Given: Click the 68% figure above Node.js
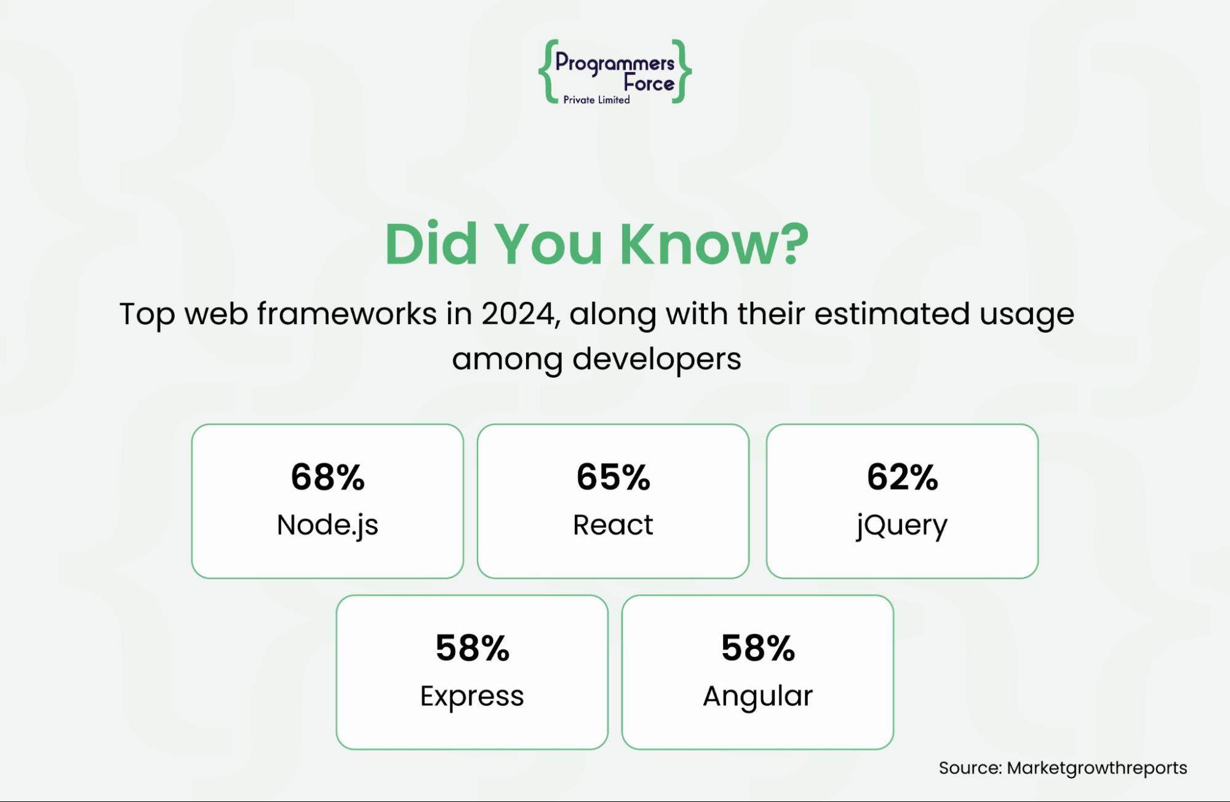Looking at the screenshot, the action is click(327, 477).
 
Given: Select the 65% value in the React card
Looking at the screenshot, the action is click(613, 477).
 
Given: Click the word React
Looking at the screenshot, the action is click(613, 525).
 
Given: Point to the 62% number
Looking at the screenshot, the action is click(902, 477).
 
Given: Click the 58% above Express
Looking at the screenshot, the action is click(472, 648).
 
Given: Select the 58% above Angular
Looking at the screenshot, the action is click(757, 648).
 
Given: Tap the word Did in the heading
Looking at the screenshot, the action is click(431, 244).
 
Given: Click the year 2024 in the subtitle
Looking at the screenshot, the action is click(519, 314).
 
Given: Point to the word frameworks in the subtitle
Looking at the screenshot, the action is click(347, 314).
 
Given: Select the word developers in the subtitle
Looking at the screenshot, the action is click(657, 360).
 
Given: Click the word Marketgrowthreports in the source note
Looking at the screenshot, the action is click(1096, 768).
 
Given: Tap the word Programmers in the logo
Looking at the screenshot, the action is click(615, 63).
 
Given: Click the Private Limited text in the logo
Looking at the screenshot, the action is click(596, 100).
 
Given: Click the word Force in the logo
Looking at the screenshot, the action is click(649, 82).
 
